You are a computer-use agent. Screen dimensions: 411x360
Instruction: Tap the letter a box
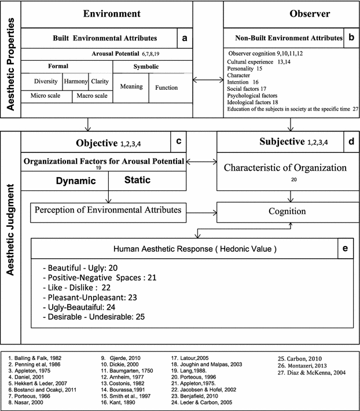(x=184, y=38)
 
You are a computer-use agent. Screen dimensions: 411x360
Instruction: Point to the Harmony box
(x=75, y=82)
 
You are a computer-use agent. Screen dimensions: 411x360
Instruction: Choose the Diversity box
(x=46, y=82)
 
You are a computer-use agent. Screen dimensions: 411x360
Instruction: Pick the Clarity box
(x=100, y=82)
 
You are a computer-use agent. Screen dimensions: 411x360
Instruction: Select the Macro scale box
(x=92, y=95)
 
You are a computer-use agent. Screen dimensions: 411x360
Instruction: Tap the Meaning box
(x=130, y=87)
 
